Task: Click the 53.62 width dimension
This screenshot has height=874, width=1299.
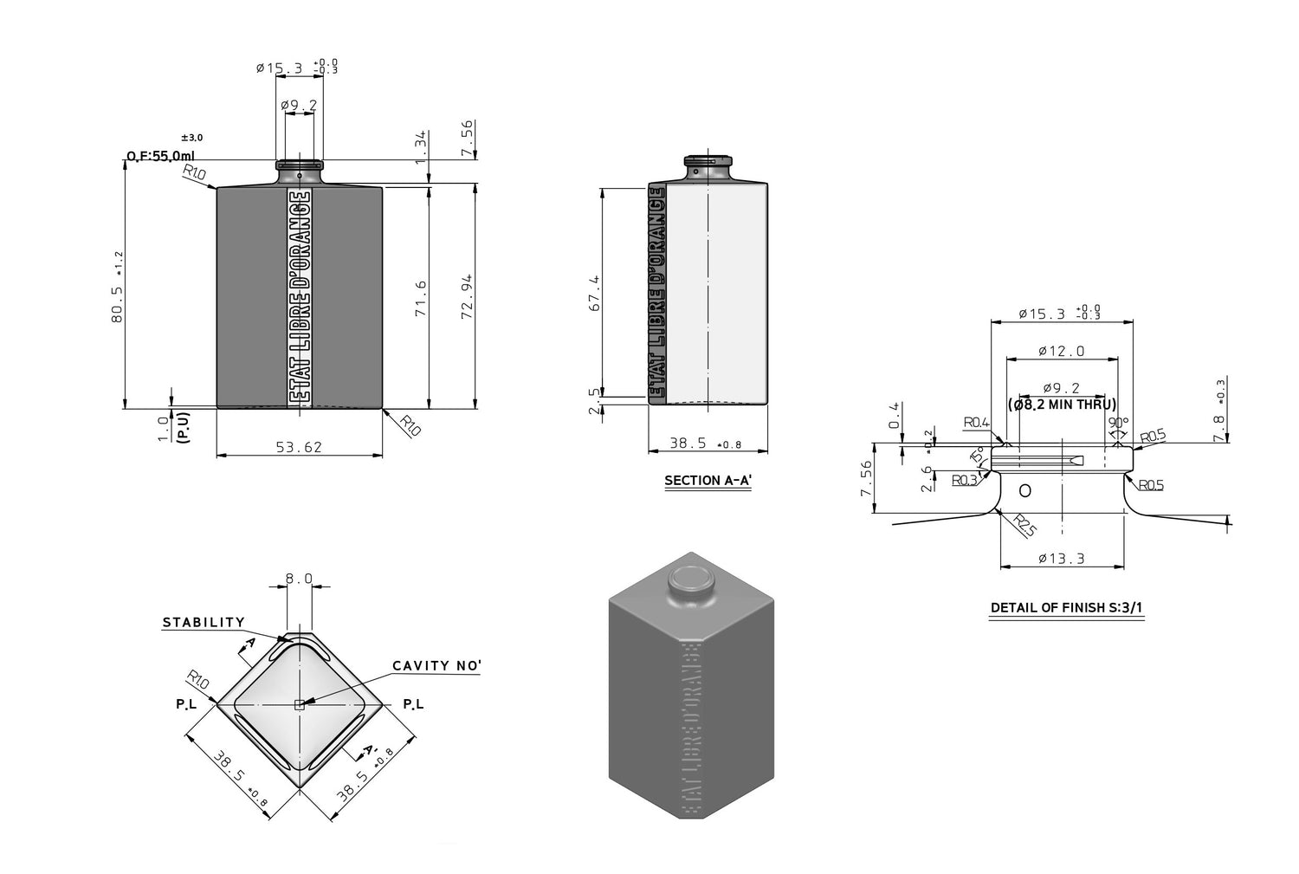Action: point(300,447)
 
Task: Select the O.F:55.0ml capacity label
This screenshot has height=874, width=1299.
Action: point(160,157)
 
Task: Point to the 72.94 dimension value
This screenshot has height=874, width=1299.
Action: point(467,296)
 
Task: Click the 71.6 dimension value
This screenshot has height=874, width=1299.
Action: point(421,297)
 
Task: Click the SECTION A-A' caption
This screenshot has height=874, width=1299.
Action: point(708,481)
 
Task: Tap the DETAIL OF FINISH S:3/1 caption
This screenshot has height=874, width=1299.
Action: point(1066,607)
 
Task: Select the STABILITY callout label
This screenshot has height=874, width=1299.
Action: point(204,623)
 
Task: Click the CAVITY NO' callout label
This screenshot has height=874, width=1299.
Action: point(436,666)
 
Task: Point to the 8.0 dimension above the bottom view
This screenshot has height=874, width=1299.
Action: point(299,579)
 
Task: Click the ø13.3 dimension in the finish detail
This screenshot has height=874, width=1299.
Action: point(1062,559)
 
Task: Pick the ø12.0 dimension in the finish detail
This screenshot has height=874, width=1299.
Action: point(1062,352)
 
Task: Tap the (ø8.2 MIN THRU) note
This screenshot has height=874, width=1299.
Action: point(1062,405)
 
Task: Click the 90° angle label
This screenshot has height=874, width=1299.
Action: point(1119,423)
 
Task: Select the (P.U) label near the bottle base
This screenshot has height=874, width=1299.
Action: point(183,428)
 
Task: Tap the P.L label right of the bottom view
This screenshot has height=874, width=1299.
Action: point(413,705)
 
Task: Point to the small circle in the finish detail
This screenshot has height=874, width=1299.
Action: point(1025,490)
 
